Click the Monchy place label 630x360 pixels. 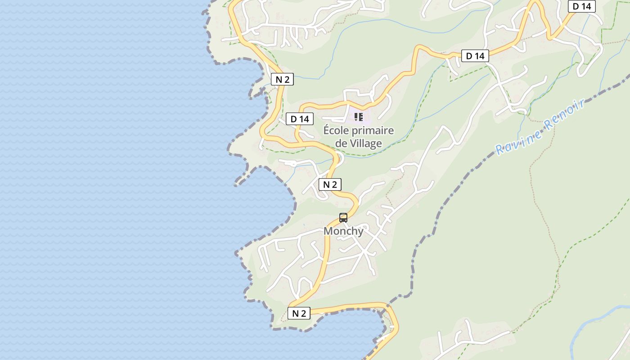pos(343,231)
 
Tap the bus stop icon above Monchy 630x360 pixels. pos(343,218)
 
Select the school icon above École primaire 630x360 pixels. pos(359,117)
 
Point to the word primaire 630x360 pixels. pos(373,131)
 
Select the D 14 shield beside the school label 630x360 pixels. pos(300,119)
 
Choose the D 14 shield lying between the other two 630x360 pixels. pos(475,56)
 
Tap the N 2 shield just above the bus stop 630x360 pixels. pos(330,184)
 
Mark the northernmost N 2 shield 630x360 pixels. pos(283,80)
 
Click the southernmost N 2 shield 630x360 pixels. pos(299,314)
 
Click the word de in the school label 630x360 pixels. pos(341,144)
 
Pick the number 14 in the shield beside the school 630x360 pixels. pos(304,119)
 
